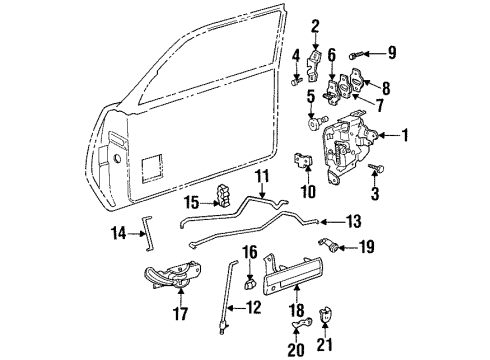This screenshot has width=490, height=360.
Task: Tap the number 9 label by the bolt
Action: pos(392,52)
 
